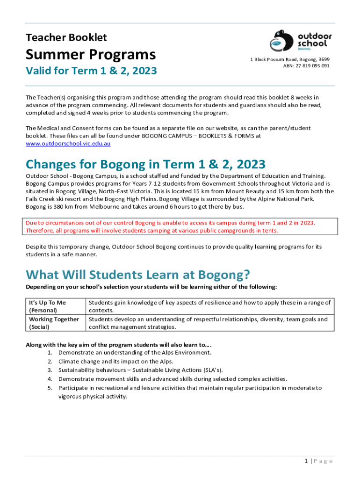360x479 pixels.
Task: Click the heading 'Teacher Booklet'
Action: [x=66, y=37]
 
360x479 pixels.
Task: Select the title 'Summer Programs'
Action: [x=90, y=55]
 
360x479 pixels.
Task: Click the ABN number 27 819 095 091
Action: [x=306, y=66]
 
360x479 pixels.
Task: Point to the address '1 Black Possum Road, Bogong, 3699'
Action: [x=290, y=59]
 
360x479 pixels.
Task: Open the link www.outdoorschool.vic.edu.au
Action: [x=68, y=144]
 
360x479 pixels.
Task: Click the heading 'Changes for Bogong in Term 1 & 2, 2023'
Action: [x=145, y=164]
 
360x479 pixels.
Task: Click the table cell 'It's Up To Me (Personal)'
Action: [x=48, y=306]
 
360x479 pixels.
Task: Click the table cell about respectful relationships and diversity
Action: [x=208, y=323]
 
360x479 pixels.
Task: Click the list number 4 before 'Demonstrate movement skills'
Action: [x=50, y=379]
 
